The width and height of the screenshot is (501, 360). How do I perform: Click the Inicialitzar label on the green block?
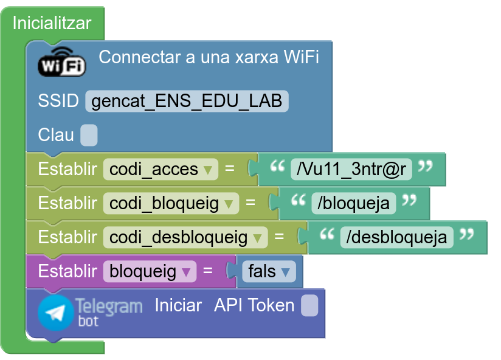tap(52, 23)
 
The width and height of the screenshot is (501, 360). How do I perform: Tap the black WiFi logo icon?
tap(61, 62)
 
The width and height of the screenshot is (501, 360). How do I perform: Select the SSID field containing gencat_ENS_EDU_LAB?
tap(187, 102)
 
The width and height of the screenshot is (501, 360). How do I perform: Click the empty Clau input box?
tap(89, 135)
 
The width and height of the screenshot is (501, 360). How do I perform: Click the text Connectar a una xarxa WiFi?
tap(209, 57)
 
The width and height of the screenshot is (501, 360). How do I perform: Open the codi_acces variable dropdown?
tap(161, 169)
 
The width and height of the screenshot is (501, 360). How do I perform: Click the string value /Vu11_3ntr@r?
tap(351, 169)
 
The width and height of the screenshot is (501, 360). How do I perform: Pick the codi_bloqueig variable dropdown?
tap(171, 203)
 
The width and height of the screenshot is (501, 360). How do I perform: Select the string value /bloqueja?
tap(353, 203)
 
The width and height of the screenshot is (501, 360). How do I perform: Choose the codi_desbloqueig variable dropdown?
tap(185, 237)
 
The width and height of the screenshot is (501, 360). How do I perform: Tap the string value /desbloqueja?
tap(396, 237)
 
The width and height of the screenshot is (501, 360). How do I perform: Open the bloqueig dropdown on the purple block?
tap(150, 271)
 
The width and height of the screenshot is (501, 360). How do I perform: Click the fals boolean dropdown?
tap(269, 271)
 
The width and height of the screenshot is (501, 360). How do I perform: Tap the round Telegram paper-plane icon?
tap(55, 313)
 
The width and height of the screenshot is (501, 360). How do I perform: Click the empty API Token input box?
tap(309, 306)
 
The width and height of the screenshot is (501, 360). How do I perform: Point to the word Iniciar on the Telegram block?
tap(178, 305)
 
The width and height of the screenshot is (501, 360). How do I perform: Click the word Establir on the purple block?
tap(67, 271)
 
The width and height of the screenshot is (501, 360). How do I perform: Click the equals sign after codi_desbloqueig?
tap(279, 237)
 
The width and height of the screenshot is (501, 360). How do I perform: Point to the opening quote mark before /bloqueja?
tap(299, 200)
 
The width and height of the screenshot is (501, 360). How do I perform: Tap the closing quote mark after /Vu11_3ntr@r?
tap(425, 166)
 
